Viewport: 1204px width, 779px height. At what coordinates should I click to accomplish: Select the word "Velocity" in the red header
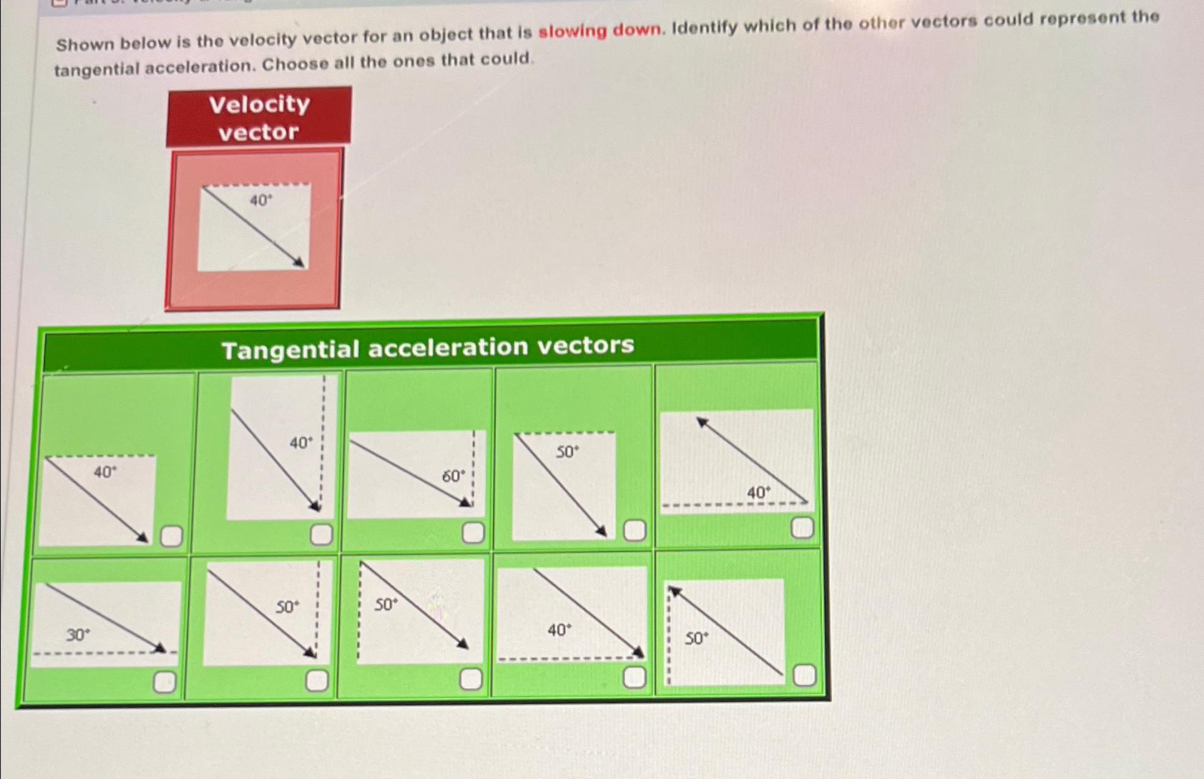pos(259,104)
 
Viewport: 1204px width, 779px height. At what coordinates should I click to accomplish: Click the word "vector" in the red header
pos(258,132)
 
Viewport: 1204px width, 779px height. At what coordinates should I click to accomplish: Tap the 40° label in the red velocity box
pos(260,201)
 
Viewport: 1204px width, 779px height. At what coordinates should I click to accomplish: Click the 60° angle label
pos(453,476)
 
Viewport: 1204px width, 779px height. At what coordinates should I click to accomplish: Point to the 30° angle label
pos(78,635)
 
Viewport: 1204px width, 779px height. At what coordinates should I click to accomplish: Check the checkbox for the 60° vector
pos(473,532)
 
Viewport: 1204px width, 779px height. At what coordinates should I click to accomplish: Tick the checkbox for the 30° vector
pos(165,682)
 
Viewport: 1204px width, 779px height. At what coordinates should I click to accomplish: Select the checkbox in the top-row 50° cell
pos(635,531)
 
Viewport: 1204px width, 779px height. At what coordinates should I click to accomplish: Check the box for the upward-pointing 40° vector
pos(802,528)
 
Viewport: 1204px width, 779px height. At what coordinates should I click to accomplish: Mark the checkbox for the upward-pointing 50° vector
pos(804,675)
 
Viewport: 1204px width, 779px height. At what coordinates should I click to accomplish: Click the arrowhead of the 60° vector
pos(466,501)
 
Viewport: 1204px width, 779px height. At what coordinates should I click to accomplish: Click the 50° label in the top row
pos(567,452)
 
